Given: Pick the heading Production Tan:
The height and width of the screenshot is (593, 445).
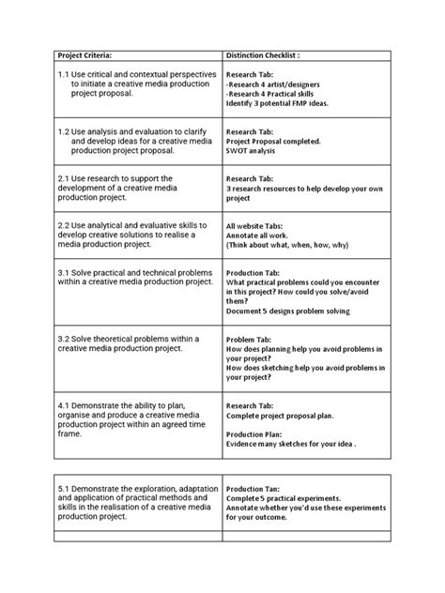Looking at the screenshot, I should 261,488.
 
